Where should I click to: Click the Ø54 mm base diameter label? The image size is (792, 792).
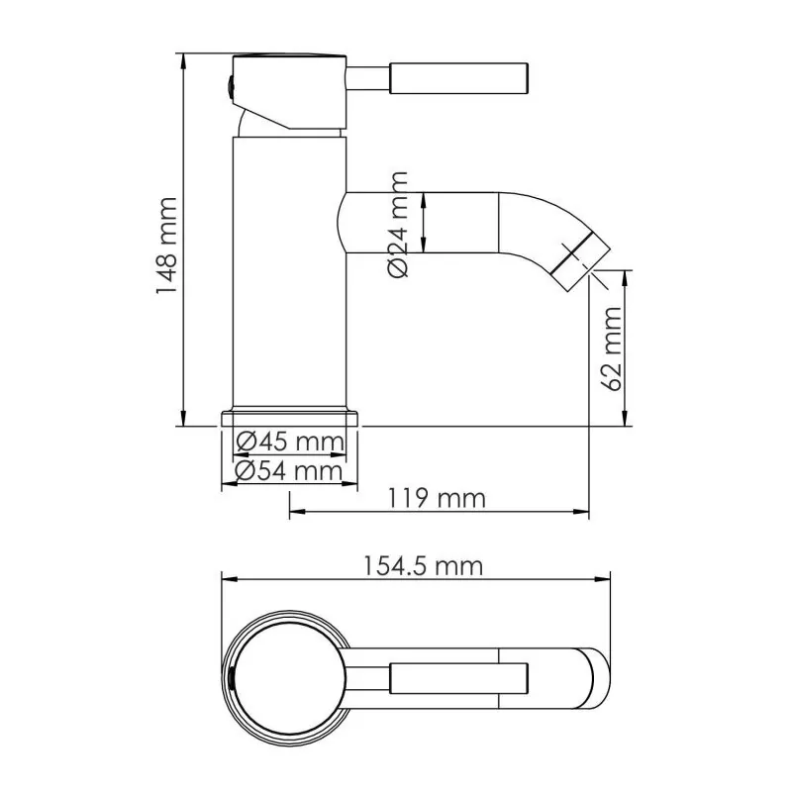[289, 471]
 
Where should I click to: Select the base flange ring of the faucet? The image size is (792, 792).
[289, 417]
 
